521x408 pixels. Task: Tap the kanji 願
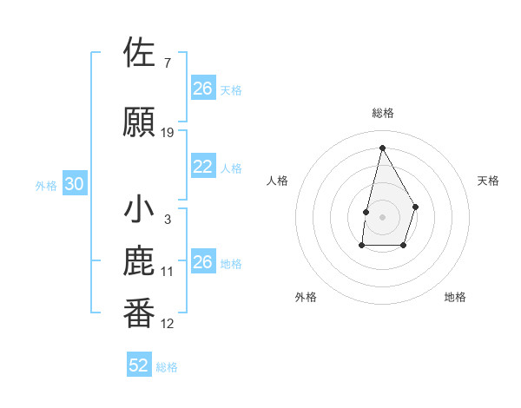139,122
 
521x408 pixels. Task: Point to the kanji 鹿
139,262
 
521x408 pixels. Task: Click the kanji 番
139,313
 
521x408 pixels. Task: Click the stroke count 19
168,133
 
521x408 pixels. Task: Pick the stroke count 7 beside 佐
167,63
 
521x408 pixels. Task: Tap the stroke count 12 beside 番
168,324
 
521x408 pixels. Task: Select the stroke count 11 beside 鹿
168,272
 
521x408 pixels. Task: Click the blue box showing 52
139,365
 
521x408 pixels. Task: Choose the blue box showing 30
74,184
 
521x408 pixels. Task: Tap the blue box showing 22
203,167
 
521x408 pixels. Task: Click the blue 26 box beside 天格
203,89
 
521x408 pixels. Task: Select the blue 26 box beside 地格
203,262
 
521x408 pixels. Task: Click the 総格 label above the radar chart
383,113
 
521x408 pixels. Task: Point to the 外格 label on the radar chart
306,297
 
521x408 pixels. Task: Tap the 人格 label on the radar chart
278,181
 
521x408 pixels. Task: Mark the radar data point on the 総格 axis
382,148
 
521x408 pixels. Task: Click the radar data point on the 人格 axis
366,212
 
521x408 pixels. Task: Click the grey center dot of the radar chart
382,216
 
